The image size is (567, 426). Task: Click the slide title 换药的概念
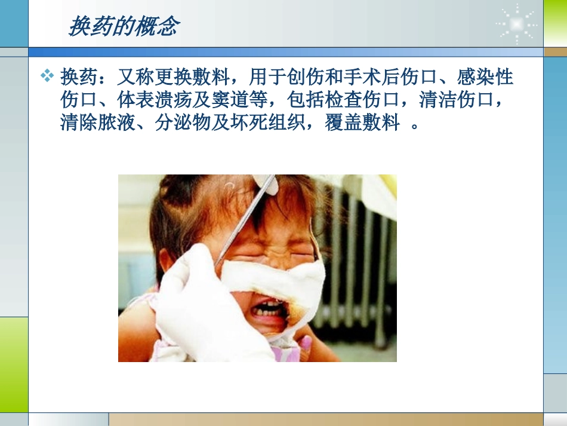click(124, 26)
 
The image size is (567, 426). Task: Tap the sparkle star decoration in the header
click(516, 24)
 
